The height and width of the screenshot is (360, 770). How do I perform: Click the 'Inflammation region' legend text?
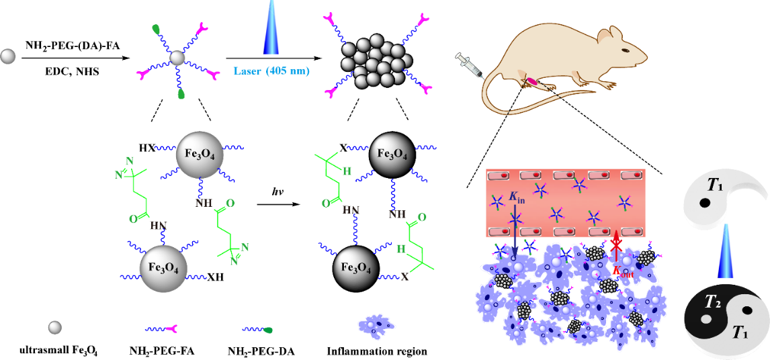click(x=377, y=351)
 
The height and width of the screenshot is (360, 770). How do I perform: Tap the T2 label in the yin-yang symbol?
click(x=713, y=304)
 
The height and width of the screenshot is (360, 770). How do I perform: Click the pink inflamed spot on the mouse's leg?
click(x=531, y=81)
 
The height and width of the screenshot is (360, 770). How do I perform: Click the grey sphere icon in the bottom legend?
click(x=56, y=327)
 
